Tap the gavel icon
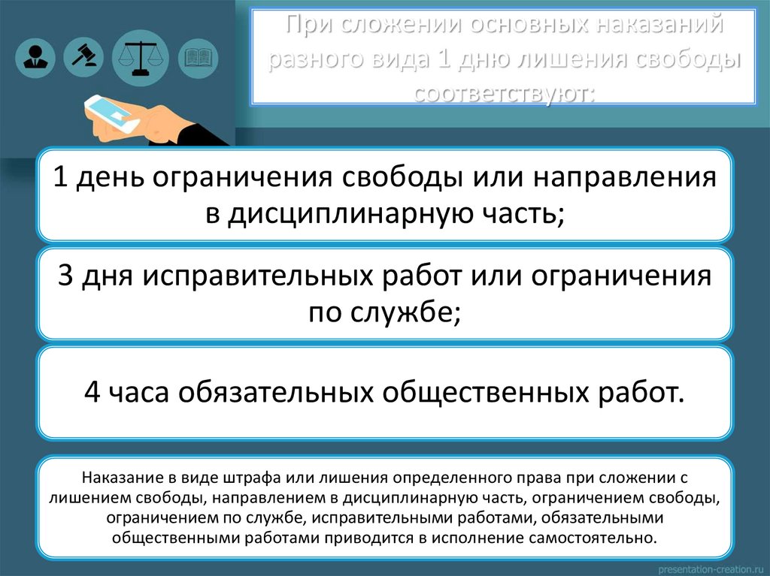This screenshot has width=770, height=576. (x=84, y=53)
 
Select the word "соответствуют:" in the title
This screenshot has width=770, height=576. (x=503, y=92)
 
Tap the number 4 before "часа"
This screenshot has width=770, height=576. (x=91, y=391)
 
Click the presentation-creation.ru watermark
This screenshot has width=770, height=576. (x=711, y=566)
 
